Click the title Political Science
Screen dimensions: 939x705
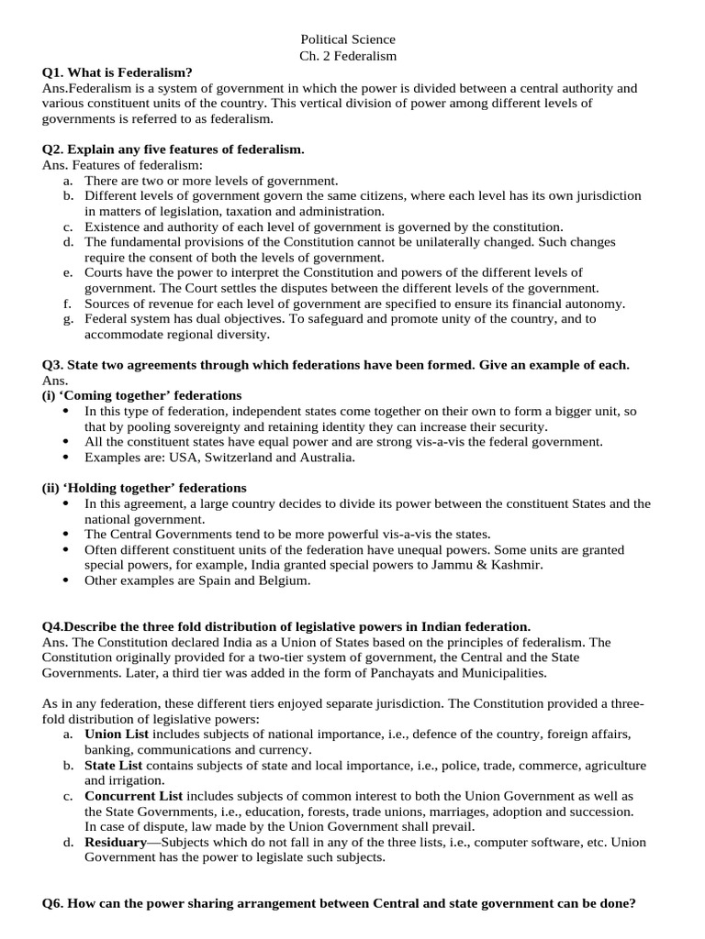click(x=348, y=39)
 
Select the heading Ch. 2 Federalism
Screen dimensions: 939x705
click(x=348, y=56)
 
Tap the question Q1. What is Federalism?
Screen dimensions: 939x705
click(x=117, y=72)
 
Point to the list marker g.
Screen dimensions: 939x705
click(x=68, y=319)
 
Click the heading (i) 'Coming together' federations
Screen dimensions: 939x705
click(x=129, y=395)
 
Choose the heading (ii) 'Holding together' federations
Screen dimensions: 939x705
click(x=131, y=488)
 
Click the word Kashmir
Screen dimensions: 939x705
click(x=514, y=565)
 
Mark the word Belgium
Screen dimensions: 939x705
click(x=284, y=580)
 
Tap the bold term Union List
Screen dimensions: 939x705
click(x=117, y=735)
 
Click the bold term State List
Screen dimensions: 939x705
click(x=114, y=765)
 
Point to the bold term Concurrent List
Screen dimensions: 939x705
click(x=133, y=796)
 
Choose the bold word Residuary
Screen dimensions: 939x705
click(x=116, y=842)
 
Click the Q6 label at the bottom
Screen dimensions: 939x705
click(x=52, y=903)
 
